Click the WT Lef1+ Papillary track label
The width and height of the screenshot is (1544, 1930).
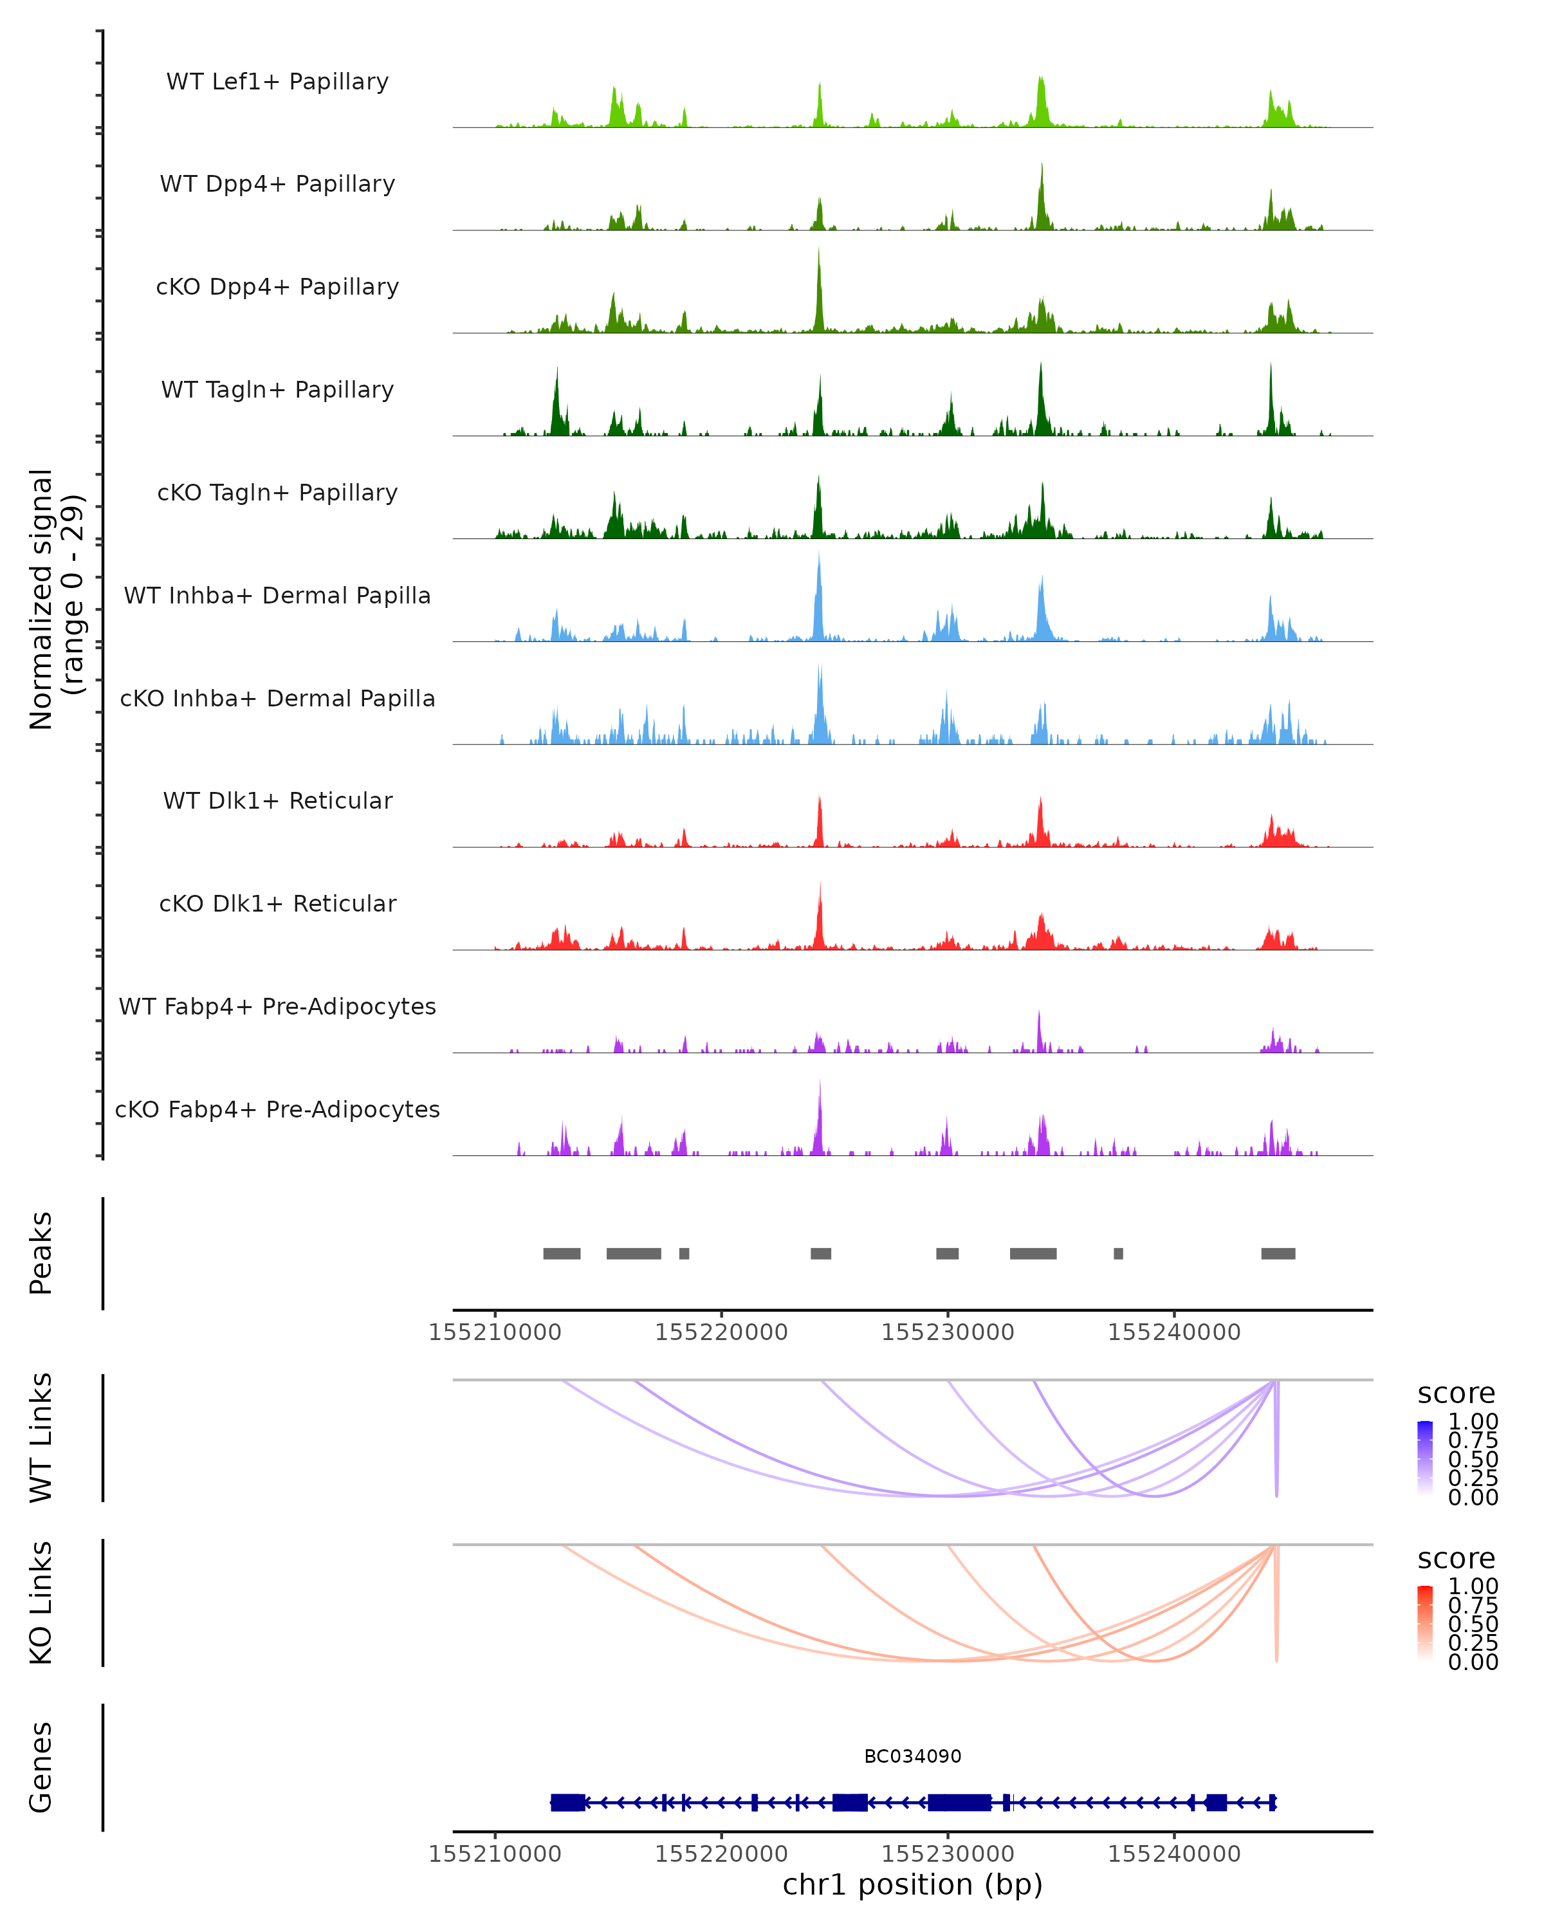click(x=277, y=82)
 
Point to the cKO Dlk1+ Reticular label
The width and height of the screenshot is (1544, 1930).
click(x=277, y=903)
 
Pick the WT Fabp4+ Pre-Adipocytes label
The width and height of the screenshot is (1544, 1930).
click(x=277, y=1006)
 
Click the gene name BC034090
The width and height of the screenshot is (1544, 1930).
click(x=912, y=1756)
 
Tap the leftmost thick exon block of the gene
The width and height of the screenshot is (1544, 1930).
click(x=567, y=1802)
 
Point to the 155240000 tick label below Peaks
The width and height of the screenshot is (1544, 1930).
click(x=1173, y=1332)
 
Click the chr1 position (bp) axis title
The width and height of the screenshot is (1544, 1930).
click(x=912, y=1884)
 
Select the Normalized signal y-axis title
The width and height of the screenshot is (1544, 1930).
click(x=55, y=599)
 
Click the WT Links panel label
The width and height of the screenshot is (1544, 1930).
click(x=41, y=1438)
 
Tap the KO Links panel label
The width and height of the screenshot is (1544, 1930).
click(x=41, y=1603)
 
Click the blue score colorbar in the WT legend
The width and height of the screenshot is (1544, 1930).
click(x=1425, y=1458)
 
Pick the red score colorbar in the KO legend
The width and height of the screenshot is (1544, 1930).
click(x=1425, y=1623)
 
